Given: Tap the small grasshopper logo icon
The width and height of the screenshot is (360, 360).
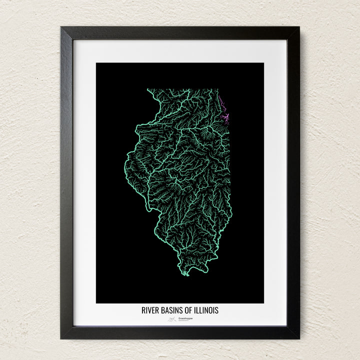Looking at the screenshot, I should [x=171, y=318].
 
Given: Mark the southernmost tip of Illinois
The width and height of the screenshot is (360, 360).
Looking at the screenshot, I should [x=186, y=274].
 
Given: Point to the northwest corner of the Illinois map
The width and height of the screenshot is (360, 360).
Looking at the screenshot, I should [x=147, y=89].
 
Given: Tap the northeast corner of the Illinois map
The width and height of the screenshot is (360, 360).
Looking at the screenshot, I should [x=218, y=89].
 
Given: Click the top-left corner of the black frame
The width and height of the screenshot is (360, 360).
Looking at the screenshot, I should [x=61, y=27].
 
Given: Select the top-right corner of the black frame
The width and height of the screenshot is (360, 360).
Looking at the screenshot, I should [x=298, y=27].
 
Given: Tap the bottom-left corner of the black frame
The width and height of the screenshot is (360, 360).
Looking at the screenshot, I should [x=61, y=338].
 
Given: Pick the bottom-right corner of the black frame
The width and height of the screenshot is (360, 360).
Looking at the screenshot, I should [x=298, y=338].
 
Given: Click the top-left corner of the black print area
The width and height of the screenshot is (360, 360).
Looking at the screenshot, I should [x=96, y=63].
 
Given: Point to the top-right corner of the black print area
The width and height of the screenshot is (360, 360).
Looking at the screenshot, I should [x=263, y=63].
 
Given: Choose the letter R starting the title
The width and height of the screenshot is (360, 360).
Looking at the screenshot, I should [x=143, y=310].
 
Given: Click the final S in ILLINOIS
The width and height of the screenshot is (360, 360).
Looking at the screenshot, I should [x=216, y=310].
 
